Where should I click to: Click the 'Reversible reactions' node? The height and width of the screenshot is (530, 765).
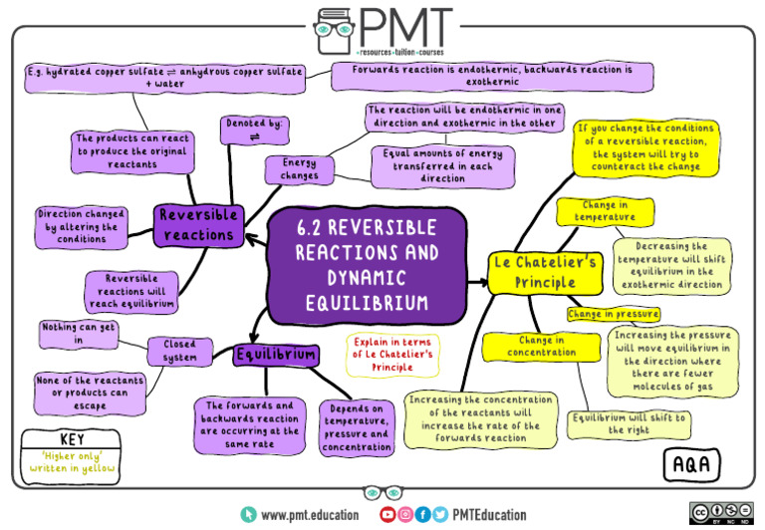(198, 225)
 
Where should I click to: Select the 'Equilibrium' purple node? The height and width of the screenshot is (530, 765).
(276, 355)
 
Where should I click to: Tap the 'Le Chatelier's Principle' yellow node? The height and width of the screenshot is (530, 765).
(545, 273)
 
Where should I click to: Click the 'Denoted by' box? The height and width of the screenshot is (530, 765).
(254, 131)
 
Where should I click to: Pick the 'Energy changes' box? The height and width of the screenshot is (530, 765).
(300, 169)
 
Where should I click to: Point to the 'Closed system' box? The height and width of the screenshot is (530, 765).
(180, 351)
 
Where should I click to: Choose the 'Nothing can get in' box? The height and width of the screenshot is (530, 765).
(79, 334)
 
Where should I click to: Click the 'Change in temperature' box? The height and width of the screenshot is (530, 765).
(605, 211)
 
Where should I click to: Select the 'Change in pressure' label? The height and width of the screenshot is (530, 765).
(614, 314)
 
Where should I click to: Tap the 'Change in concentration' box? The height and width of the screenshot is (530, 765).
(542, 347)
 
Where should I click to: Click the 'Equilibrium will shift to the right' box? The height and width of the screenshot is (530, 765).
(629, 424)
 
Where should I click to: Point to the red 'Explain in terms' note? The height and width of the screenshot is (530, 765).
(392, 355)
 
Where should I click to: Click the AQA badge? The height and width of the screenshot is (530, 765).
(692, 464)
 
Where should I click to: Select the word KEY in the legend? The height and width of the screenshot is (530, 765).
(72, 439)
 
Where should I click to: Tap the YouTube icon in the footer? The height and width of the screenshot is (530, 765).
(387, 514)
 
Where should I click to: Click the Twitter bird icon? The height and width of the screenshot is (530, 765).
(440, 514)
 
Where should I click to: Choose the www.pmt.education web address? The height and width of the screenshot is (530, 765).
(310, 515)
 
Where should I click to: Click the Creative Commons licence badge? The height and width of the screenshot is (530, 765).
(721, 513)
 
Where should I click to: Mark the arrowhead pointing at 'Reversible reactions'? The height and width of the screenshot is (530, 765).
(251, 239)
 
